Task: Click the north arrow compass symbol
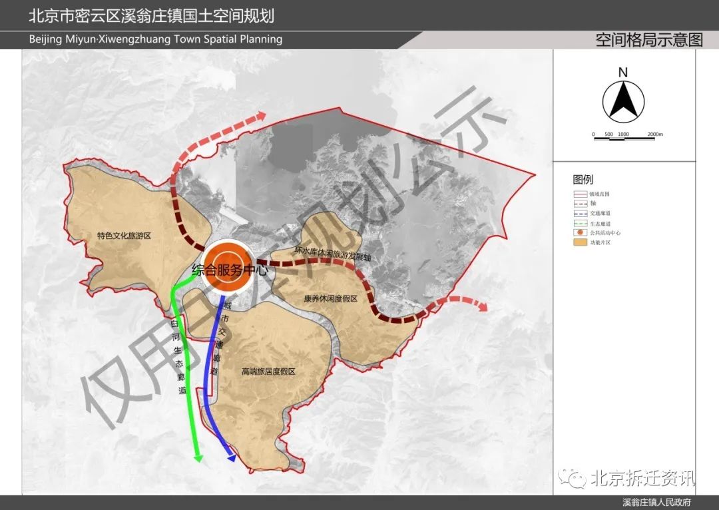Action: pos(623,101)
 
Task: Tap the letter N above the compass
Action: pos(623,72)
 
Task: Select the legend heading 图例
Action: pos(583,180)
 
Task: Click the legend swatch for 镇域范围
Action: pos(579,194)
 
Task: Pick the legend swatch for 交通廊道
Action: pos(579,213)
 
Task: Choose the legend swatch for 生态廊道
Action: pos(579,223)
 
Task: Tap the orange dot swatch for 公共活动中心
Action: pos(579,233)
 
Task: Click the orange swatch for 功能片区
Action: pos(579,243)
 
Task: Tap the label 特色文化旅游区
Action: pos(124,236)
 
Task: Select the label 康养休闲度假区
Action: pos(331,299)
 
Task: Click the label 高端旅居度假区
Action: pos(268,372)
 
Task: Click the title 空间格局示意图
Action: pos(649,40)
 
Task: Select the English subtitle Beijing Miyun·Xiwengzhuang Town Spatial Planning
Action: pos(156,39)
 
